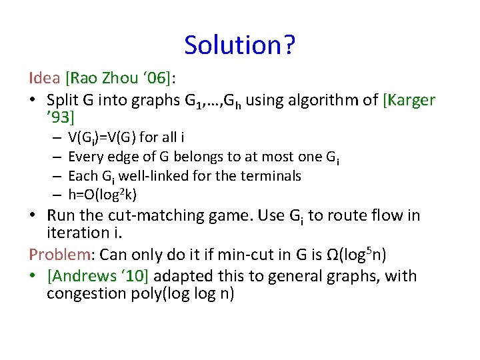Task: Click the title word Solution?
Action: [240, 45]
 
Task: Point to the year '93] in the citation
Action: [61, 118]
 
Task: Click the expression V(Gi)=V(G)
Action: [103, 138]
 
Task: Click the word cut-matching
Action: [147, 215]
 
